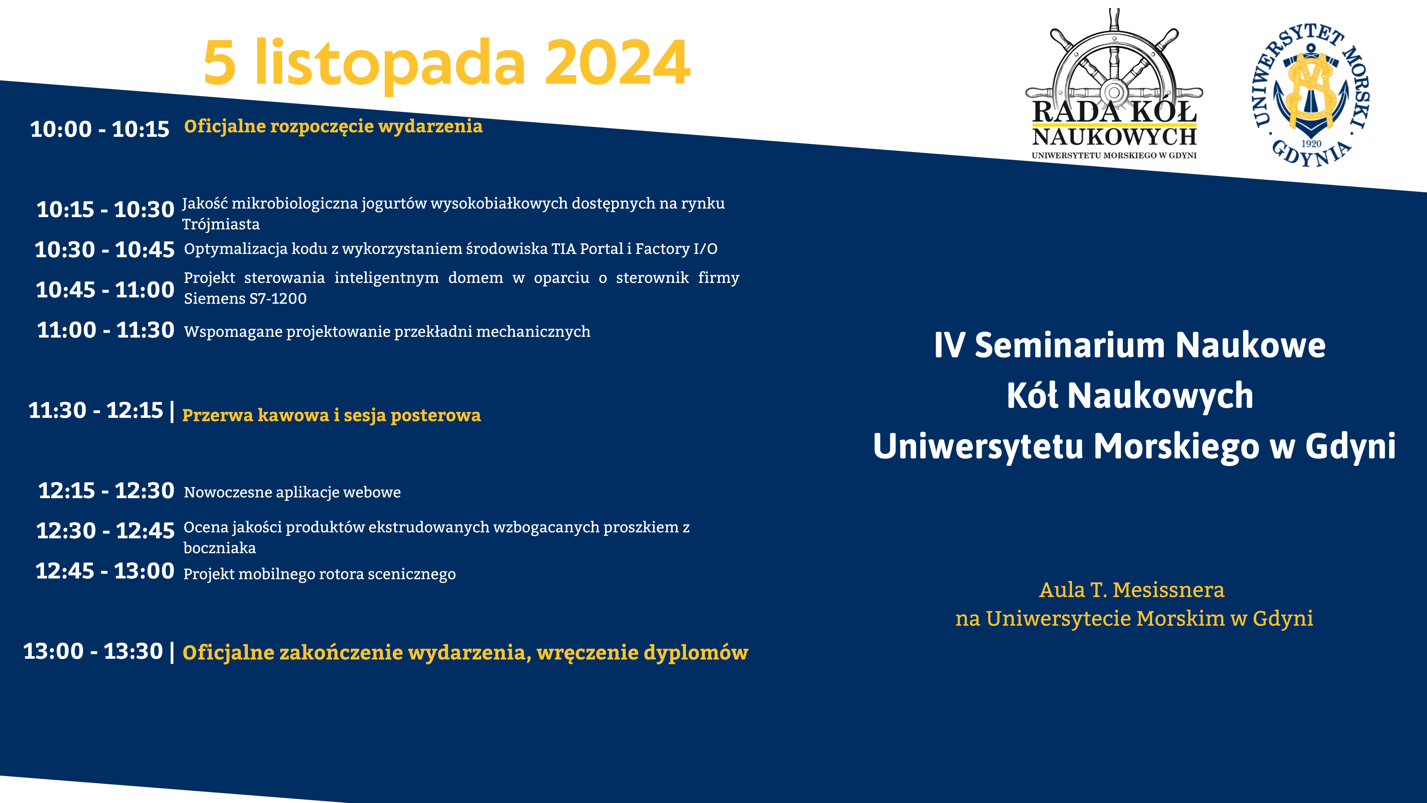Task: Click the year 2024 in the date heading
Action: tap(618, 62)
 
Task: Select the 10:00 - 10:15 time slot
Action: tap(100, 129)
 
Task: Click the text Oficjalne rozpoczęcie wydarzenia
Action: tap(333, 127)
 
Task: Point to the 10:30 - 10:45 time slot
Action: tap(105, 249)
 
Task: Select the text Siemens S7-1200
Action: tap(245, 299)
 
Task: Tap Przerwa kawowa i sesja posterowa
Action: tap(331, 416)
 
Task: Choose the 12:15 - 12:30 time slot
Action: tap(106, 490)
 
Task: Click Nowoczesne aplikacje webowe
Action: tap(292, 492)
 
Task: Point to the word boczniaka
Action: tap(220, 548)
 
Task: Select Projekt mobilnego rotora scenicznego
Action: tap(320, 574)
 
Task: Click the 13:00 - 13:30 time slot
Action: tap(93, 651)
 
